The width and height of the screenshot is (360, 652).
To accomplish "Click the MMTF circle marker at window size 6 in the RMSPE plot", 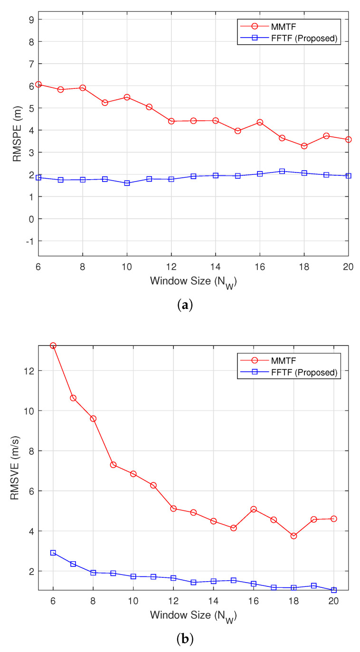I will tap(38, 85).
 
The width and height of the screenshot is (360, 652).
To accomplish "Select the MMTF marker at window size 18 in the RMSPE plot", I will tap(304, 146).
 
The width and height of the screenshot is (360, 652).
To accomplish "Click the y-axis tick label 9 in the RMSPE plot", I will tap(29, 19).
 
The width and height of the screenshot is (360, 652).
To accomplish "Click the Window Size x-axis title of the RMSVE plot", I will tap(193, 615).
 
